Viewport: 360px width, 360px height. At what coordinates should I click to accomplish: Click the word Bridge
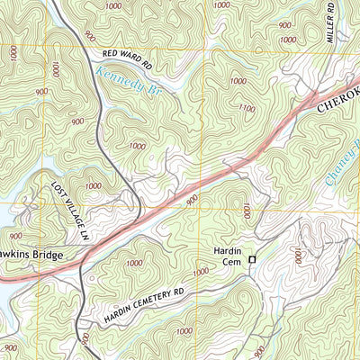(x=47, y=256)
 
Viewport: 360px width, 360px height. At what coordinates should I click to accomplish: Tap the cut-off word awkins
(x=13, y=256)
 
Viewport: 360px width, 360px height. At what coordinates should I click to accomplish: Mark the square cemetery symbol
(x=252, y=259)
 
